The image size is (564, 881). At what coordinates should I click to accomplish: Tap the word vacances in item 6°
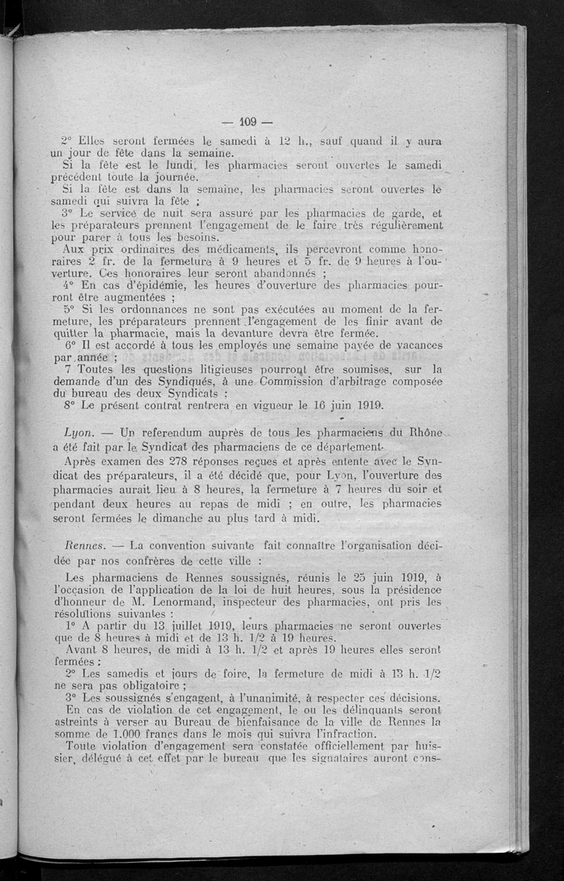pyautogui.click(x=417, y=346)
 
